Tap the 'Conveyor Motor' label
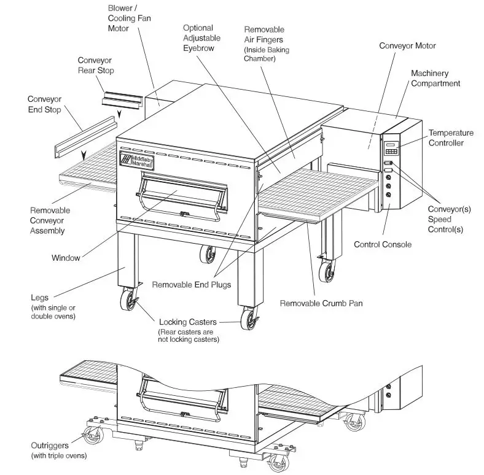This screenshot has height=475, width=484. click(x=407, y=45)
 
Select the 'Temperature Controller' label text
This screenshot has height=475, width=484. click(x=451, y=137)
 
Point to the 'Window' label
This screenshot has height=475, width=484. click(x=66, y=258)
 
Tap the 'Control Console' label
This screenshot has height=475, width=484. click(x=383, y=244)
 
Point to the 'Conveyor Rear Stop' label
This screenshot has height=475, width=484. click(x=96, y=65)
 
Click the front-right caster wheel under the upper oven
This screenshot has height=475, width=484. click(x=249, y=319)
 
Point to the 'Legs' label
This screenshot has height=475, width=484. click(x=39, y=298)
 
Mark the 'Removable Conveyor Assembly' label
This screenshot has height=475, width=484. click(x=50, y=220)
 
